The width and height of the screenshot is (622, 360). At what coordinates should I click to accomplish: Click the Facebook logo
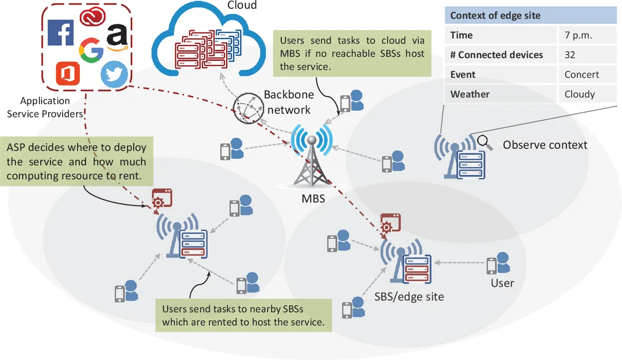(x=61, y=32)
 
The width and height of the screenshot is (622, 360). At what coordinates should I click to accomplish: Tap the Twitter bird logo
(x=114, y=74)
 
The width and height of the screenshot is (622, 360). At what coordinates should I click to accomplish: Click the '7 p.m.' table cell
(x=578, y=35)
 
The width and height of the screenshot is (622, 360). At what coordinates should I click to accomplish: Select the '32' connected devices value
(x=570, y=55)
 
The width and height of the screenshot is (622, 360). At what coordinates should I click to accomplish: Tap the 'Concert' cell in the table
(x=582, y=75)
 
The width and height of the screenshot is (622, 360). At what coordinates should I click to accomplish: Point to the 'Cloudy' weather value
(x=579, y=94)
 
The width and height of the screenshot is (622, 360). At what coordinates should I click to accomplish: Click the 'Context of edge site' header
(x=495, y=16)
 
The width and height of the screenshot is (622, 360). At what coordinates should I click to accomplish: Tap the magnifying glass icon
(x=484, y=140)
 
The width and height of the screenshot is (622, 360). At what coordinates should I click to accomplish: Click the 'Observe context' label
(x=545, y=145)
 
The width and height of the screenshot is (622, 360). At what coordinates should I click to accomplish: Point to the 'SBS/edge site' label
(x=409, y=297)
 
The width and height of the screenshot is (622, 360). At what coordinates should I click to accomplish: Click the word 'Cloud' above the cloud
(x=242, y=5)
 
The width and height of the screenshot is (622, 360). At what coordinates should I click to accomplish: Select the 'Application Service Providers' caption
(x=45, y=107)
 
